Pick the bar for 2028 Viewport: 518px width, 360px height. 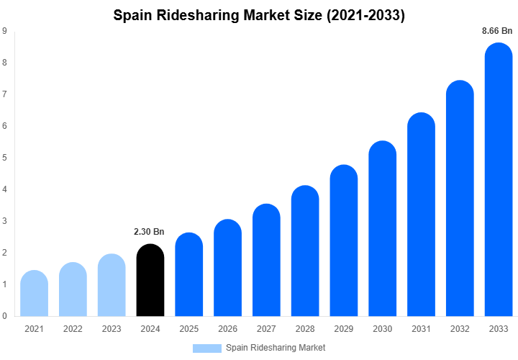click(x=305, y=251)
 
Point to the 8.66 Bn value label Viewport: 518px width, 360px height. click(x=497, y=31)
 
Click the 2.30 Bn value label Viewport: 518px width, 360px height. click(x=150, y=232)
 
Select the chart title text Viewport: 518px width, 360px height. click(x=259, y=15)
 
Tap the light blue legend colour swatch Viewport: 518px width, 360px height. click(x=207, y=348)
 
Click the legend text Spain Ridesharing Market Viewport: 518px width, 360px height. click(x=276, y=348)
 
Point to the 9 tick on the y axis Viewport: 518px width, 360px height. click(x=5, y=31)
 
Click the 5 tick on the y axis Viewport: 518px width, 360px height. click(x=5, y=158)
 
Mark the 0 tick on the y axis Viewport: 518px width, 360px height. click(x=5, y=316)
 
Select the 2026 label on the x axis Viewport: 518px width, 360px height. click(x=227, y=329)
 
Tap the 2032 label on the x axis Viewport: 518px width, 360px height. click(x=460, y=329)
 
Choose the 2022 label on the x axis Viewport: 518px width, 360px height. click(x=73, y=329)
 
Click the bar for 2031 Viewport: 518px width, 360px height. click(x=422, y=215)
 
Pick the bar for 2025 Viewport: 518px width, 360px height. click(x=189, y=275)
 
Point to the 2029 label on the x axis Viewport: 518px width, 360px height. click(x=344, y=329)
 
